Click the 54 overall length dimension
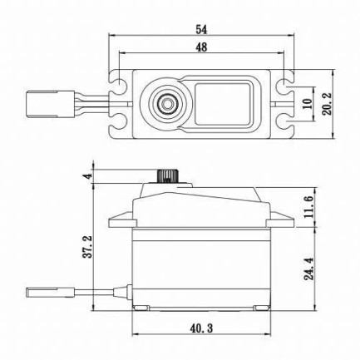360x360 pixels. pyautogui.click(x=200, y=29)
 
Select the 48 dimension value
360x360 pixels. pyautogui.click(x=200, y=47)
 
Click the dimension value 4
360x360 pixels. pyautogui.click(x=86, y=176)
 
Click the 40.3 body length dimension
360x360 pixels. pyautogui.click(x=200, y=332)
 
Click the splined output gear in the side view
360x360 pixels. pyautogui.click(x=169, y=177)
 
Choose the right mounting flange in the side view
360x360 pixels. pyautogui.click(x=280, y=222)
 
